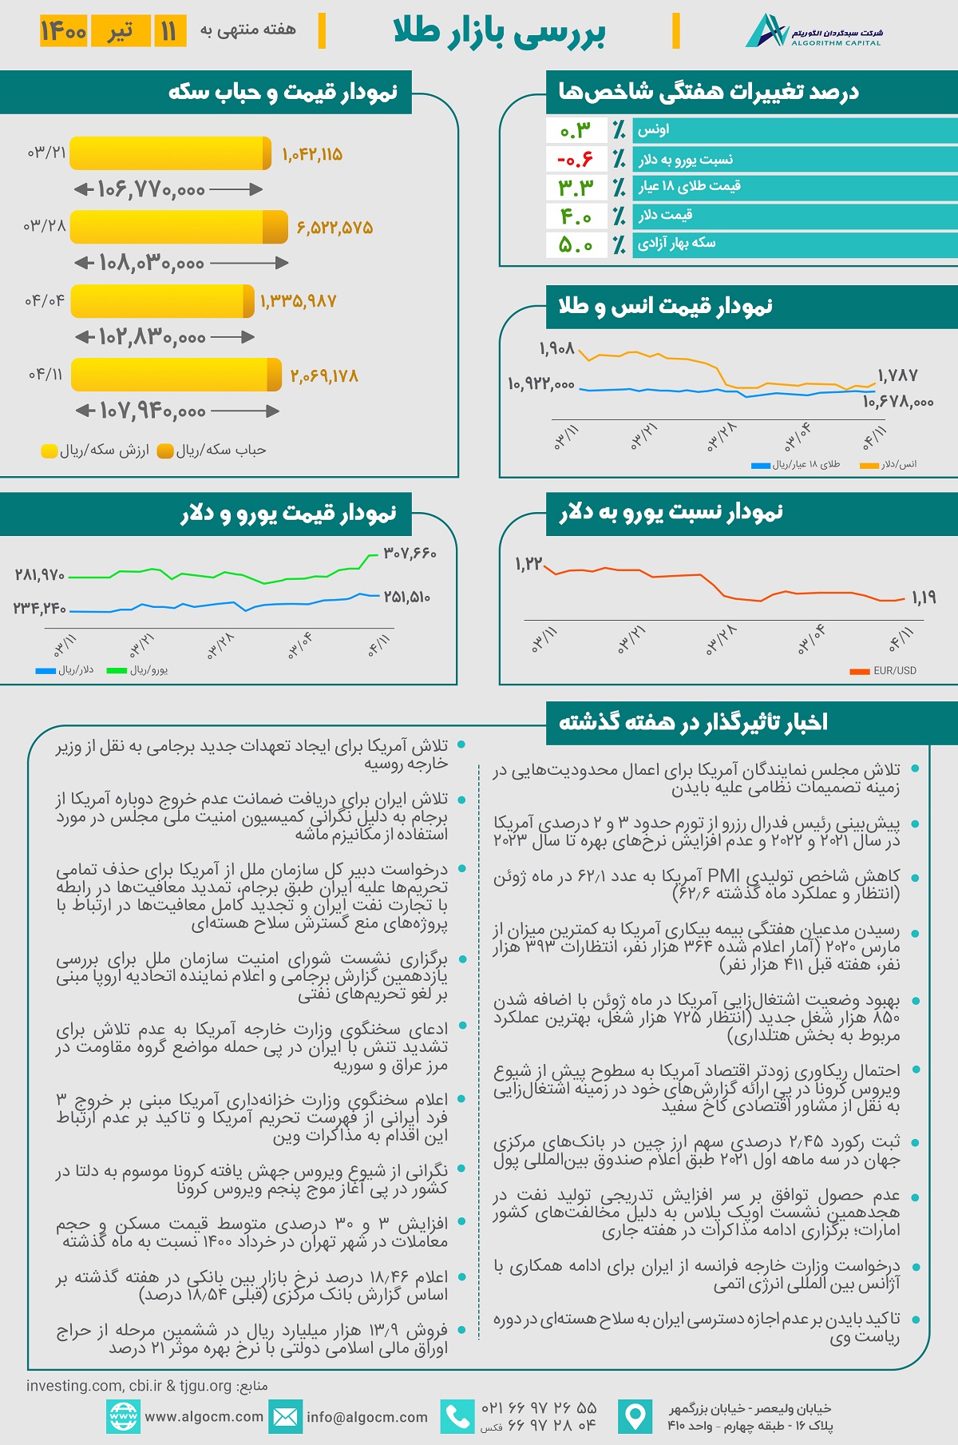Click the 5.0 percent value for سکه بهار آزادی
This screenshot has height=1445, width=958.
[x=576, y=244]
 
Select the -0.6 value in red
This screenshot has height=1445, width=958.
[x=576, y=159]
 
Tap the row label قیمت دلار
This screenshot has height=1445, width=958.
[x=665, y=215]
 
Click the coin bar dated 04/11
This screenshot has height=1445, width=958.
[x=176, y=375]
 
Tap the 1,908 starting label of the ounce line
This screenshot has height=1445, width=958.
[x=556, y=349]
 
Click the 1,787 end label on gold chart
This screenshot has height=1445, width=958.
[x=897, y=375]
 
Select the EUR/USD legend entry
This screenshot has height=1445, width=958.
[x=884, y=671]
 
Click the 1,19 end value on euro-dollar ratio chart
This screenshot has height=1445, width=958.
[x=923, y=597]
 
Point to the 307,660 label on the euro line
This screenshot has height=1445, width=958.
[x=410, y=553]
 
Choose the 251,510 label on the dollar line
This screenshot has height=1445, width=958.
[x=407, y=597]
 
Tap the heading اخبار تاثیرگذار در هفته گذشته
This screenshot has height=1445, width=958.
[x=693, y=722]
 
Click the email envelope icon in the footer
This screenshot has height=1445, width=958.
[x=285, y=1416]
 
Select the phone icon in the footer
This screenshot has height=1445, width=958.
[x=457, y=1416]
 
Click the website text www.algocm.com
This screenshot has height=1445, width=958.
[x=204, y=1416]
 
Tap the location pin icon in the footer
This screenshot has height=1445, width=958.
[x=635, y=1416]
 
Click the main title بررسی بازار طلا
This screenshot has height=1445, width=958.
[x=500, y=32]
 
